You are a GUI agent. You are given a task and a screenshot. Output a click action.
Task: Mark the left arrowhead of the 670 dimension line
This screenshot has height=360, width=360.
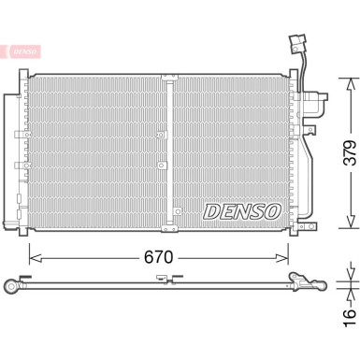coord(34,253)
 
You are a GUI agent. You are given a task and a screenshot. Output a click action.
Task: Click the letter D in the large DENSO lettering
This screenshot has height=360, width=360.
coord(211,210)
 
